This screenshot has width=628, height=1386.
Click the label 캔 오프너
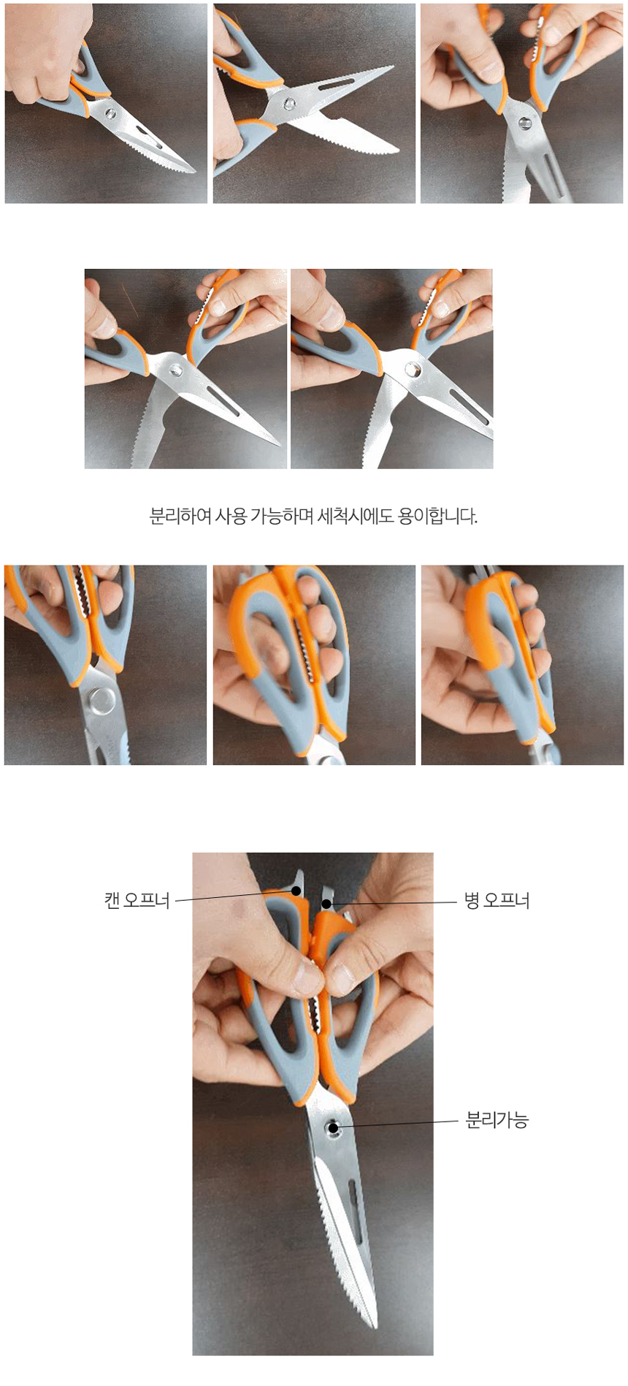pyautogui.click(x=137, y=900)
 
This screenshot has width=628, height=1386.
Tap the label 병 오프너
pyautogui.click(x=497, y=900)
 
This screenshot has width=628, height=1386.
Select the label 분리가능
pyautogui.click(x=497, y=1119)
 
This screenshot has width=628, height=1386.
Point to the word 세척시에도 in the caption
pyautogui.click(x=356, y=516)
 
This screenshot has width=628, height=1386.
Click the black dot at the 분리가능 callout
pyautogui.click(x=334, y=1127)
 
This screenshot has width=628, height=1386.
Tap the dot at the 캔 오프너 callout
pyautogui.click(x=296, y=891)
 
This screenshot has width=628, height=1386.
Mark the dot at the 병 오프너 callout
pyautogui.click(x=327, y=904)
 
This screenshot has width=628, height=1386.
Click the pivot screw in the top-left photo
pyautogui.click(x=111, y=114)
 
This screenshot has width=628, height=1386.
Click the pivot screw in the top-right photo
pyautogui.click(x=525, y=123)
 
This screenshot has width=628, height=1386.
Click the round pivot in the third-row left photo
pyautogui.click(x=99, y=702)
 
